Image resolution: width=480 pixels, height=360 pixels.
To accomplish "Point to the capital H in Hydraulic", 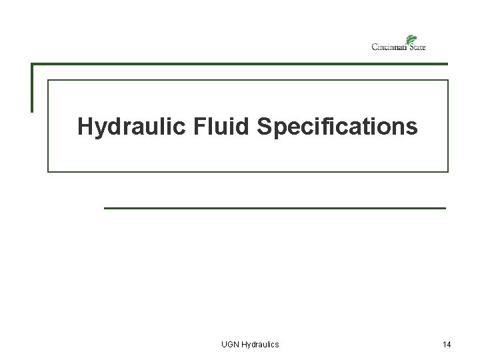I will [x=85, y=126].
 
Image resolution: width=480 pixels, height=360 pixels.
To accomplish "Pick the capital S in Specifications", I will [x=262, y=126].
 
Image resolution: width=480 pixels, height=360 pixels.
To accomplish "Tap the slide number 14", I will [x=447, y=344].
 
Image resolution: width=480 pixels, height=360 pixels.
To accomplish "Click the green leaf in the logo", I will [x=411, y=39].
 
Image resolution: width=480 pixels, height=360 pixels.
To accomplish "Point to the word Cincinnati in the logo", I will [x=391, y=47].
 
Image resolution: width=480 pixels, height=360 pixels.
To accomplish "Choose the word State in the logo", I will [x=418, y=47].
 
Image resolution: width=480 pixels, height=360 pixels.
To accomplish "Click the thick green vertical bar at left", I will [x=31, y=87].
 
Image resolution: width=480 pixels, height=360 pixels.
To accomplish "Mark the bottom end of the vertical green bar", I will [x=31, y=111].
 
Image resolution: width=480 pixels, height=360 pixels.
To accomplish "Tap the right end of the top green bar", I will [x=447, y=64].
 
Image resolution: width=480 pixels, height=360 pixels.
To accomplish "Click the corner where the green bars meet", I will [x=31, y=64].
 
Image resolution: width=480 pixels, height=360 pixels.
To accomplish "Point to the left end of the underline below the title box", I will [x=105, y=208].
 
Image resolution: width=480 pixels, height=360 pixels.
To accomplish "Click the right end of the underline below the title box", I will [x=445, y=208].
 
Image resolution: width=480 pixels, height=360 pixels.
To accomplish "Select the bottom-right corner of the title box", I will [x=448, y=171].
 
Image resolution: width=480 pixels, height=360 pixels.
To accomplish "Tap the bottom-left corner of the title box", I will [x=47, y=171].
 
